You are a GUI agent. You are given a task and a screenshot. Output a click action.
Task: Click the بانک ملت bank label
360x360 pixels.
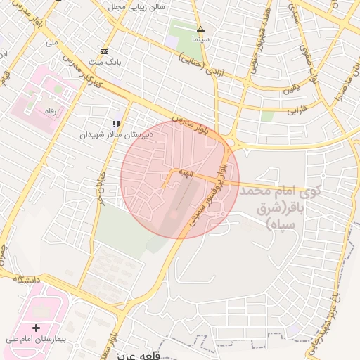[x=108, y=62]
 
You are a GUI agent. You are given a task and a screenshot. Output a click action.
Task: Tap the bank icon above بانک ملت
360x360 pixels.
[x=105, y=51]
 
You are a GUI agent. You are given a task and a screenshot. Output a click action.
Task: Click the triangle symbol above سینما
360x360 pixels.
[x=200, y=29]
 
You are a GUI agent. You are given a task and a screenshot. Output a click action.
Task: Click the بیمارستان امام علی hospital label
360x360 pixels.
[x=35, y=339]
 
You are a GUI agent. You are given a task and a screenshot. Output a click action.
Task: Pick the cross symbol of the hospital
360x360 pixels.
[x=36, y=328]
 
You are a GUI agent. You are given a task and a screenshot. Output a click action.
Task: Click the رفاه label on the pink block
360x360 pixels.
[x=50, y=110]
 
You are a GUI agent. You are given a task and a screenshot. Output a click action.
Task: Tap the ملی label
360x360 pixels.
[x=51, y=42]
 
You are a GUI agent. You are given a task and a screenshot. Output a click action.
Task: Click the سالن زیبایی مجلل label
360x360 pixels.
[x=136, y=6]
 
